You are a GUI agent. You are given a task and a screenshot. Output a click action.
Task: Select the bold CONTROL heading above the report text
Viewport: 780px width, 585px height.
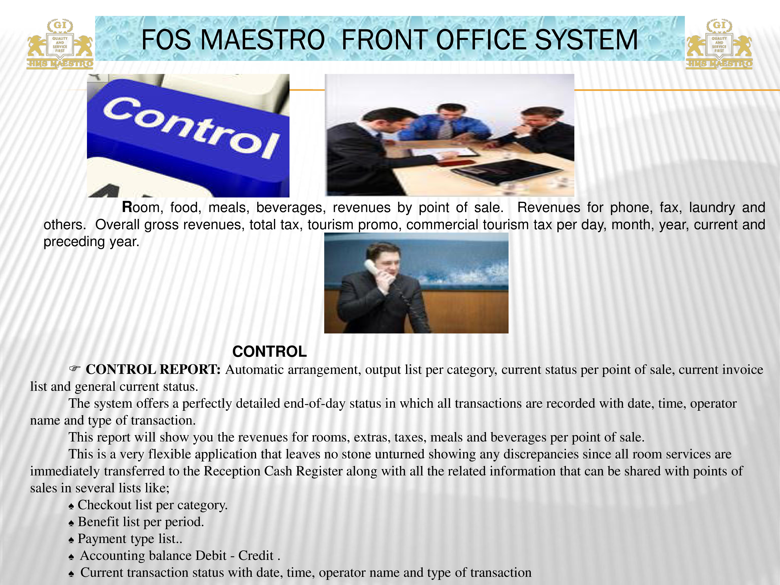click(x=269, y=352)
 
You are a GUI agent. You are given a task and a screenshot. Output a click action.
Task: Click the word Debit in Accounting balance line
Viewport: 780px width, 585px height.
click(x=211, y=555)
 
